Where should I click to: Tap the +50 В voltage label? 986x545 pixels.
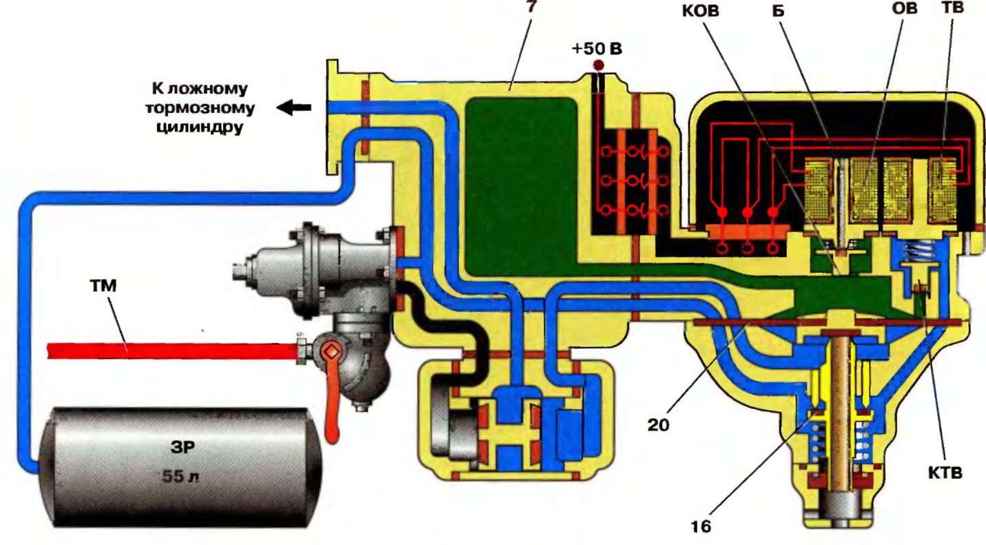[x=596, y=50]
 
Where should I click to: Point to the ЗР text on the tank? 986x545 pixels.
[x=182, y=446]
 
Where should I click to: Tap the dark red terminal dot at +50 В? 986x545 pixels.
[x=598, y=65]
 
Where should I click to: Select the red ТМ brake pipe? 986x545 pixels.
[x=172, y=350]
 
